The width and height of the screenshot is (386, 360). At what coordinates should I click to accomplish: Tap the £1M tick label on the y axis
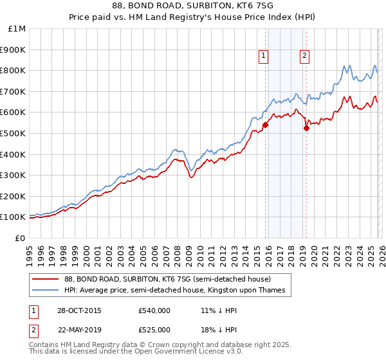pos(16,28)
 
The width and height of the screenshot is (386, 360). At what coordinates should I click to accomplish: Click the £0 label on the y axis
pos(20,238)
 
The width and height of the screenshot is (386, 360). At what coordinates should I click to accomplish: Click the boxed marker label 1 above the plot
pos(264,57)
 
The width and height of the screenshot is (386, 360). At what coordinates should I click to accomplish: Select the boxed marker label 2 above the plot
pos(304,57)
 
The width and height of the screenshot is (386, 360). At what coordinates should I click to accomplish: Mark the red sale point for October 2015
pos(265,125)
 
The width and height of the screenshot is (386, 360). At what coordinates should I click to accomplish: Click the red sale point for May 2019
pos(306,128)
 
